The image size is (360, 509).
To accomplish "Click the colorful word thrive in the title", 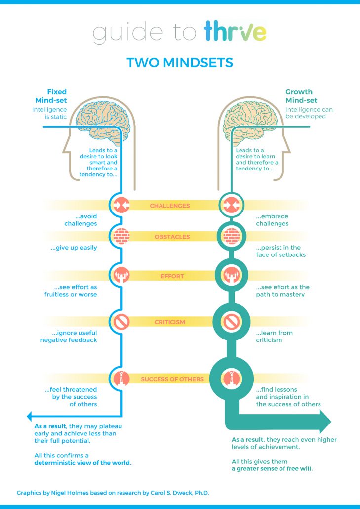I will pyautogui.click(x=236, y=32).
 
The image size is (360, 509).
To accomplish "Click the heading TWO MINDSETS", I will pyautogui.click(x=180, y=63).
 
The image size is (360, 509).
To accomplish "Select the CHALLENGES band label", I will pyautogui.click(x=169, y=206).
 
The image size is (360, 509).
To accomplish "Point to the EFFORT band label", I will pyautogui.click(x=172, y=277).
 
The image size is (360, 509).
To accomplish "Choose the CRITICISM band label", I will pyautogui.click(x=170, y=322).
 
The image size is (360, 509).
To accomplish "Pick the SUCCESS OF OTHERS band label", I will pyautogui.click(x=172, y=379).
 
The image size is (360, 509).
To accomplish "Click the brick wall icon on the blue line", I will pyautogui.click(x=121, y=236).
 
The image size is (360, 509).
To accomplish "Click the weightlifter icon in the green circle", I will pyautogui.click(x=231, y=276).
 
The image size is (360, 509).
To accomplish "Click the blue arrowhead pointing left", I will pyautogui.click(x=30, y=416).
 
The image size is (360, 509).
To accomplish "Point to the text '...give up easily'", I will pyautogui.click(x=74, y=248).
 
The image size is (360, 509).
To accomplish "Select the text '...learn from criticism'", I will pyautogui.click(x=274, y=336).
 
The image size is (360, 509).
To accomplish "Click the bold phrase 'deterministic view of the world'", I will pyautogui.click(x=82, y=463).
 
